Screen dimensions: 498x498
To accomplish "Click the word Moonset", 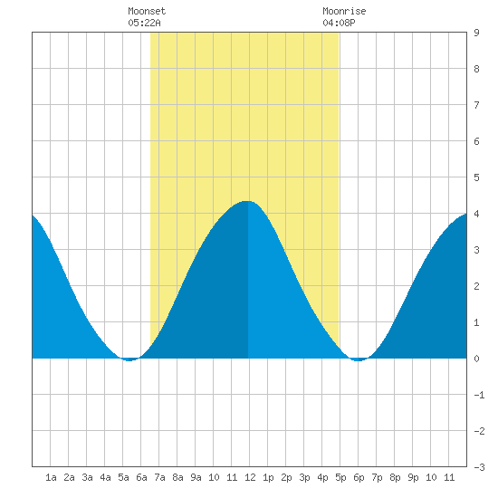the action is click(147, 11).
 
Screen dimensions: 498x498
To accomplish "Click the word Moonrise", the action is click(344, 11).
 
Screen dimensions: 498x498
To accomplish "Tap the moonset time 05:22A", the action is click(144, 23).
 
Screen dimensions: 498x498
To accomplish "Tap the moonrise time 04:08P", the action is click(339, 23).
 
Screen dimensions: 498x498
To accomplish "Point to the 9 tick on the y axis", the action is click(476, 33).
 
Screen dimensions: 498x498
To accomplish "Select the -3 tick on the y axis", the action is click(479, 467).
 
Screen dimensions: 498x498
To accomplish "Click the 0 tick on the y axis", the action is click(476, 359).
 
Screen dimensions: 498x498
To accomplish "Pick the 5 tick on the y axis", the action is click(476, 177).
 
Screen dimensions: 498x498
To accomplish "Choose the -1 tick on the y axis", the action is click(479, 395).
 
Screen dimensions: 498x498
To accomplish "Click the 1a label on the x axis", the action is click(51, 477).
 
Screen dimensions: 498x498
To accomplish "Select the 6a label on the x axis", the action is click(141, 477).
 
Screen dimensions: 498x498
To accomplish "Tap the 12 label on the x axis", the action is click(250, 477).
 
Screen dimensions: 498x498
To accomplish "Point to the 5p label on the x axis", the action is click(340, 477).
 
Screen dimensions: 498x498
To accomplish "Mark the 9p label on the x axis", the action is click(413, 477).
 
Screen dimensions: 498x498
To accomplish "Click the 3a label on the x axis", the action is click(87, 477).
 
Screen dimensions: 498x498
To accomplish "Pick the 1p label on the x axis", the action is click(268, 477).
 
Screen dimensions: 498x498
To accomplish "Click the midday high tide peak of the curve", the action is click(247, 201).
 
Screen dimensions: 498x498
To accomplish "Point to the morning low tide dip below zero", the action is click(129, 359).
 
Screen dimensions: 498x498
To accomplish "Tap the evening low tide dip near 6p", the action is click(358, 359).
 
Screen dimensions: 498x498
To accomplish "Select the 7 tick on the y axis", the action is click(476, 105).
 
